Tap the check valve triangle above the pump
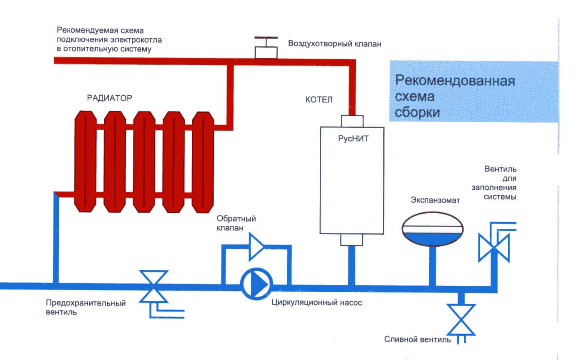pos(257,246)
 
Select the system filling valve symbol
pos(494,248)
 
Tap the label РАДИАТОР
pos(109,98)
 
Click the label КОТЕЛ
pos(319,100)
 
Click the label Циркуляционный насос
pos(317,303)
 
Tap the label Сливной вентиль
pos(417,340)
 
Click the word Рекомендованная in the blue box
pos(455,81)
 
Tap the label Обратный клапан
pos(236,223)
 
